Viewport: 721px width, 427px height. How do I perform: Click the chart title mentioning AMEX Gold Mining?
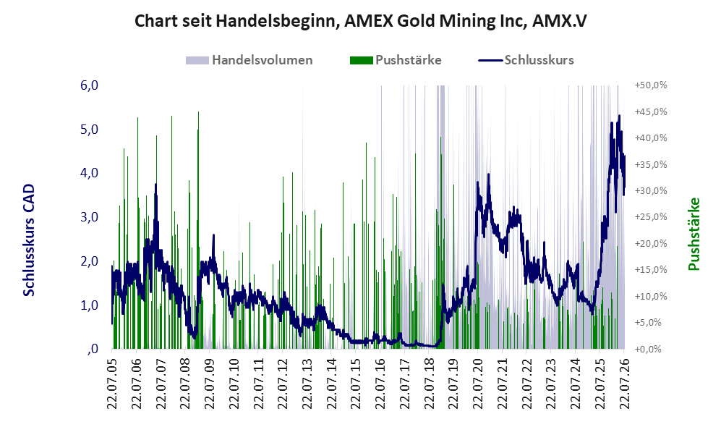360,21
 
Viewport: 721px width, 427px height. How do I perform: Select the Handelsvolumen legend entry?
249,60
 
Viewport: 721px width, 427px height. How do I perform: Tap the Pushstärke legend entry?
396,60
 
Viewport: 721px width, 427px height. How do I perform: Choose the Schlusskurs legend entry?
526,60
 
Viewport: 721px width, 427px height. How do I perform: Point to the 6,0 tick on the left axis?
89,85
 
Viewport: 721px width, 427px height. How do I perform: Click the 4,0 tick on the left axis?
89,173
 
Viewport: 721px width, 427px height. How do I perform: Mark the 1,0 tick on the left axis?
89,305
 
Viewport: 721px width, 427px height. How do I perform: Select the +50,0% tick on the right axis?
651,85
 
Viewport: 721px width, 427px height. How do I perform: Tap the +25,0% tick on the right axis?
651,216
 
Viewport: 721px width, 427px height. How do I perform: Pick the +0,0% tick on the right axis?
651,349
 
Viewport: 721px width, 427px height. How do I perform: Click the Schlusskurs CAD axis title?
28,240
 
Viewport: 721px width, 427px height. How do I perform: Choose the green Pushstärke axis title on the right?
694,234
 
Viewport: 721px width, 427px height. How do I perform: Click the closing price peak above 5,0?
619,116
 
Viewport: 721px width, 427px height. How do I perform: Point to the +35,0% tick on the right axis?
651,164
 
